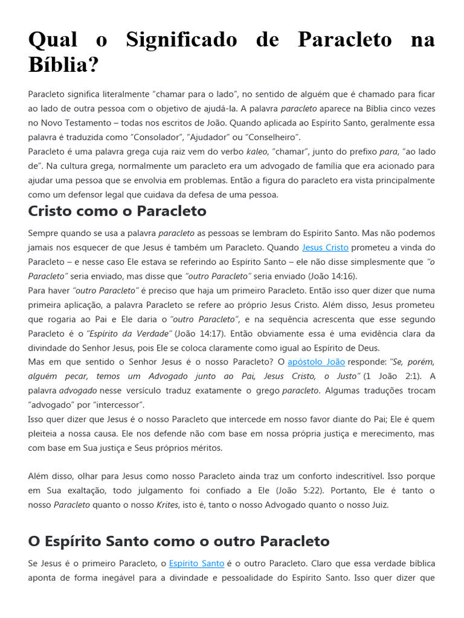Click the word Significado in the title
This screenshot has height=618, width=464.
pos(181,40)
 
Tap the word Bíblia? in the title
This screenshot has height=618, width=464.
pos(63,65)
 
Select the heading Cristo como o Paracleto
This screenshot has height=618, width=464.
pos(117,211)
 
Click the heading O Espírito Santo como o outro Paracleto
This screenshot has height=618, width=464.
pos(179,540)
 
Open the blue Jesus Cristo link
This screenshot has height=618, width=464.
pos(325,247)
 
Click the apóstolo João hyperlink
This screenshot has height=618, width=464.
pos(316,362)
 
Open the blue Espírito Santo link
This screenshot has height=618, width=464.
pos(196,563)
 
